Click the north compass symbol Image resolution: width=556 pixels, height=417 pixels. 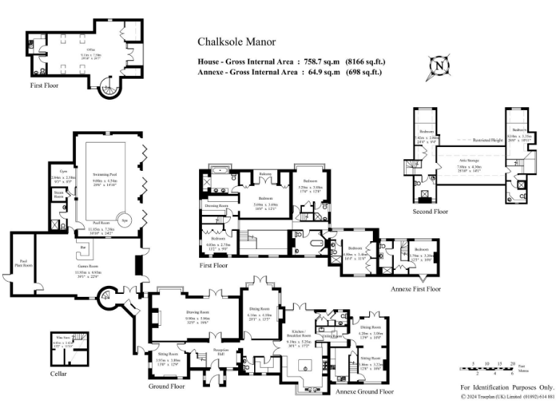coord(439,66)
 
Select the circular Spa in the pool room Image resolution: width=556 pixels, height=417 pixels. coord(125,220)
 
